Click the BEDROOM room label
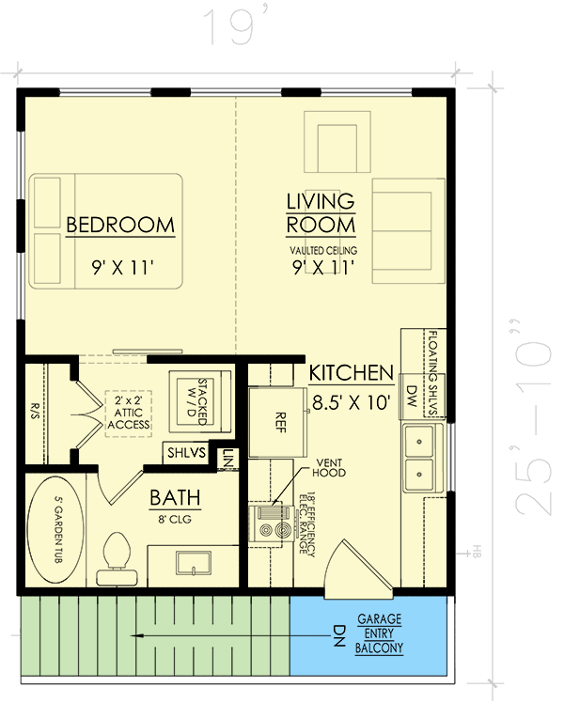[119, 225]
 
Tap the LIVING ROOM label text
[321, 213]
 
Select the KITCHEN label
[352, 373]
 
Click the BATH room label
[173, 497]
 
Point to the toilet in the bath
[117, 552]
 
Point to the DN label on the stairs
[316, 635]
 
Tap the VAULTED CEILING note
[322, 250]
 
